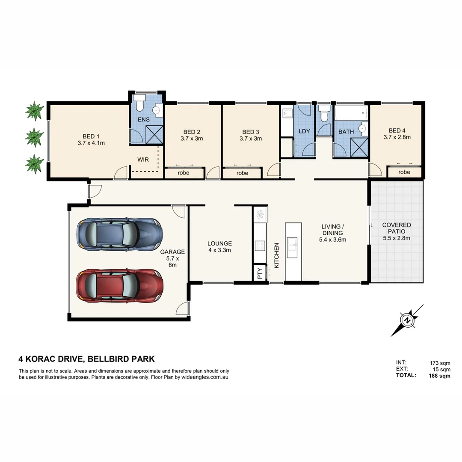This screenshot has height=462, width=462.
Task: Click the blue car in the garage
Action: tap(119, 234)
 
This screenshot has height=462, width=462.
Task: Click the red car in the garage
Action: tap(119, 285)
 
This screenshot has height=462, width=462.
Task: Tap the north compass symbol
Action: tap(407, 320)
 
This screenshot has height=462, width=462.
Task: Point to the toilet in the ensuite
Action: tap(139, 104)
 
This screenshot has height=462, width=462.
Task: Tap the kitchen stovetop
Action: tap(259, 246)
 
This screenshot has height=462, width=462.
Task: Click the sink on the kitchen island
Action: tap(293, 245)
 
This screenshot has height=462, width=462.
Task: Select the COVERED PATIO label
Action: tap(397, 228)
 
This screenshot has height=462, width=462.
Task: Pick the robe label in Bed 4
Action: tap(404, 172)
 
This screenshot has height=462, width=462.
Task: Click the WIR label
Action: tap(143, 160)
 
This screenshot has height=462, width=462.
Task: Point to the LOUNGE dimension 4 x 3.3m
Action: tap(219, 250)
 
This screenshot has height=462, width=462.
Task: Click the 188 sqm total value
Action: tap(440, 376)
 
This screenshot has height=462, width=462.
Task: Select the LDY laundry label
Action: tap(304, 131)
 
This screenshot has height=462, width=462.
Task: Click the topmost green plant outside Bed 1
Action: tap(34, 111)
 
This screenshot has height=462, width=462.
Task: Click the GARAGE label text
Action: tap(172, 252)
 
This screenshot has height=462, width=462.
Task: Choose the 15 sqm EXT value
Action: tap(442, 369)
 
